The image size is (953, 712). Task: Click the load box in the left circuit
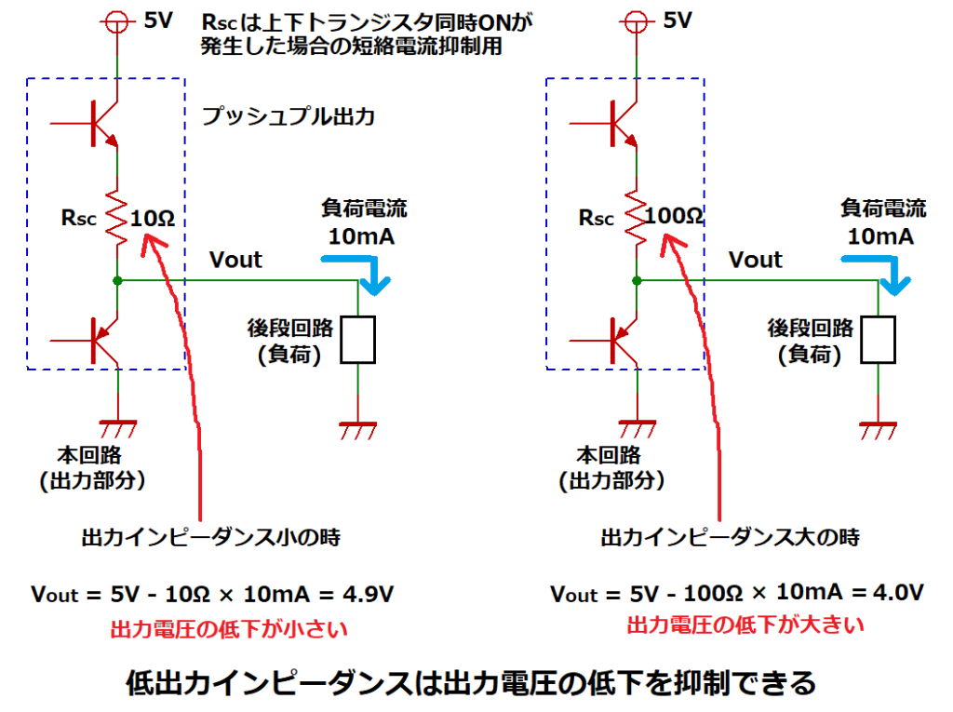(x=358, y=340)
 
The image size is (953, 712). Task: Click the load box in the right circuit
(x=879, y=340)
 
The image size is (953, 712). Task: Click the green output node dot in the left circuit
(x=117, y=280)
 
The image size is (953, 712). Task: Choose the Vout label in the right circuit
(x=755, y=259)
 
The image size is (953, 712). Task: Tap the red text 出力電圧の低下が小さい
(x=228, y=629)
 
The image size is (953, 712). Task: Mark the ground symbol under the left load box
(x=358, y=430)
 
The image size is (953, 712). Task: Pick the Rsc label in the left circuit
(x=77, y=221)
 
